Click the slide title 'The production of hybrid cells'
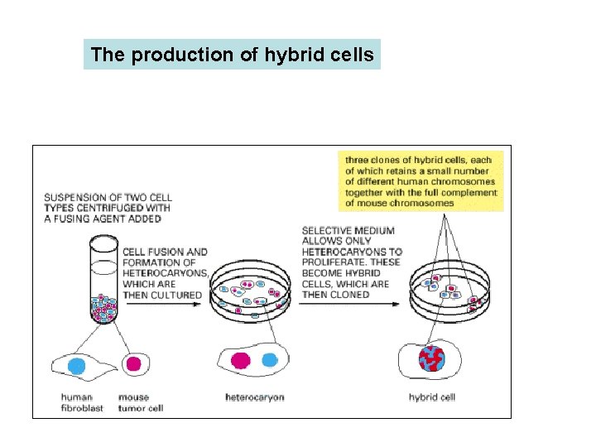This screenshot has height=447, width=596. (x=232, y=55)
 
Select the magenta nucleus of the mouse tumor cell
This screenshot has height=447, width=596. (x=132, y=364)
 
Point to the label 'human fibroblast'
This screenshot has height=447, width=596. (x=82, y=402)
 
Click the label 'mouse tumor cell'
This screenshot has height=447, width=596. (x=140, y=402)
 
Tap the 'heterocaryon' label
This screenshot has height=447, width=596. (x=254, y=397)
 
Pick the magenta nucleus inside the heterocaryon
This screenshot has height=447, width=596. (x=241, y=360)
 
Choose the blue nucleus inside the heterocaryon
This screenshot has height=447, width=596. (x=269, y=359)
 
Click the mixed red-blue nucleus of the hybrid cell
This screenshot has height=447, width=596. (x=430, y=359)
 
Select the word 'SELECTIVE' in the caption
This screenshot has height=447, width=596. (x=326, y=230)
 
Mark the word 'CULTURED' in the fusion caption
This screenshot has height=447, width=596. (x=176, y=295)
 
